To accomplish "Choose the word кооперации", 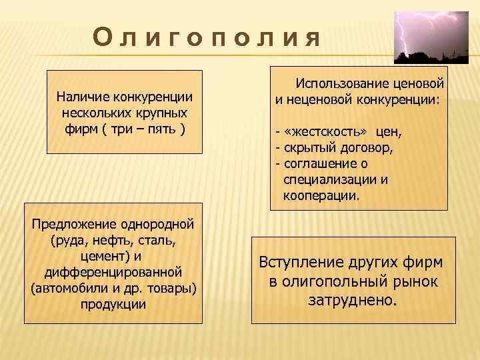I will tap(321, 196).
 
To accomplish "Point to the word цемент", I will tap(102, 256).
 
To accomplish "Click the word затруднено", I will tap(352, 300).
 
